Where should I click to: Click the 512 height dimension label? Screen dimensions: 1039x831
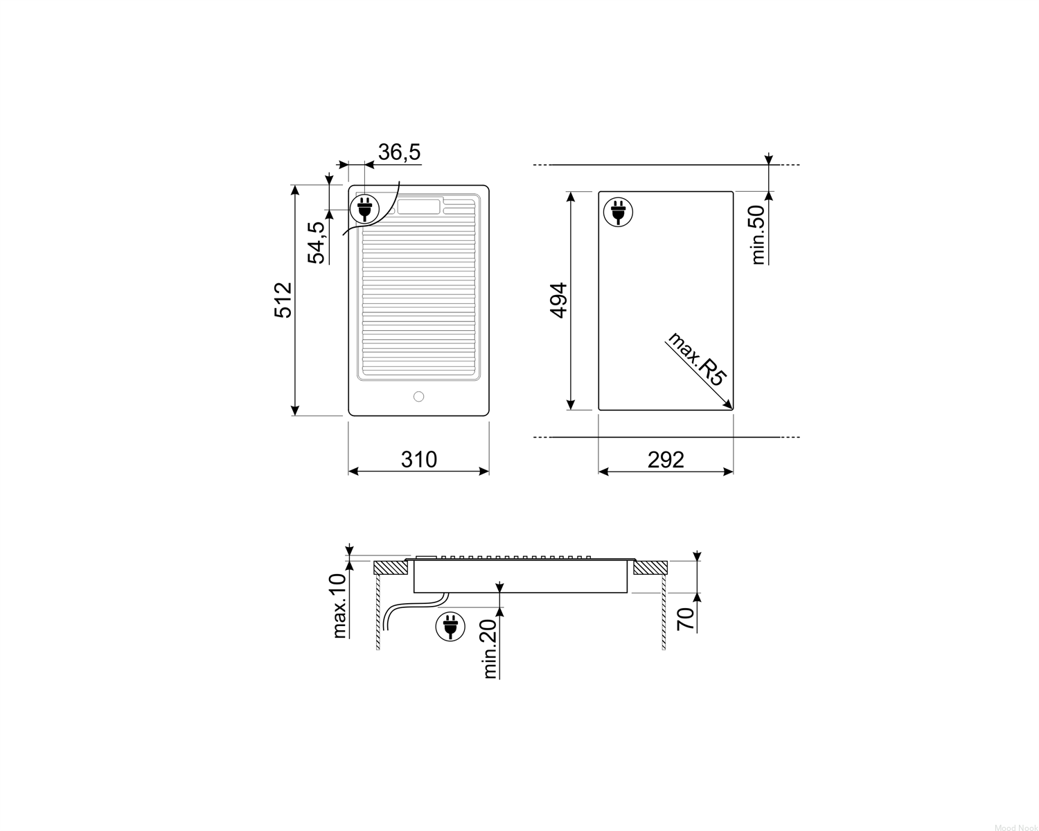point(283,300)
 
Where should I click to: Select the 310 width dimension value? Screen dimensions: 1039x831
point(418,459)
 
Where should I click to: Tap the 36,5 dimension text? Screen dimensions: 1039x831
point(399,152)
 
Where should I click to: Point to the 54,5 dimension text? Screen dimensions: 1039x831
point(317,242)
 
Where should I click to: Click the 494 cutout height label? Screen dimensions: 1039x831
point(559,300)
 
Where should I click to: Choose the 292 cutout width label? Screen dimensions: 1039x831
point(666,460)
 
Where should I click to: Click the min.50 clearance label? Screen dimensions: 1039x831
point(758,235)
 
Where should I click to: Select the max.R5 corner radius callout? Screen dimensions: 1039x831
point(697,359)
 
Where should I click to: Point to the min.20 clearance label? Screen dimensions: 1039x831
point(490,648)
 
